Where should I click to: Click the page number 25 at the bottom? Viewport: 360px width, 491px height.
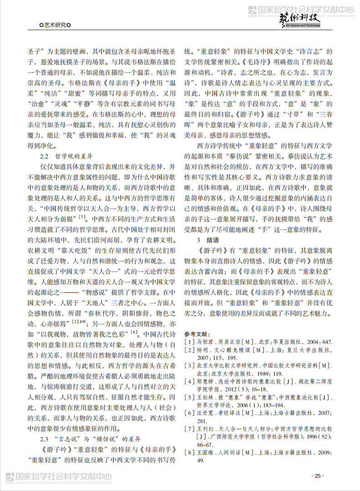coord(318,476)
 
